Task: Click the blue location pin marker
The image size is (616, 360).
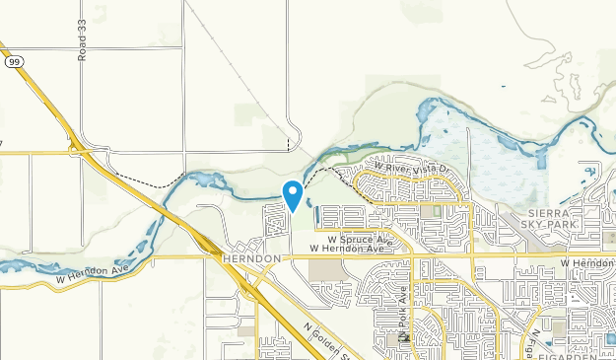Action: click(292, 193)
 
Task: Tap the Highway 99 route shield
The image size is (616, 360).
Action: click(13, 61)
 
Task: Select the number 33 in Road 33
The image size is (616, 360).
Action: click(83, 28)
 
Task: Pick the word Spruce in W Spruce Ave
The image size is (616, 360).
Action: click(355, 240)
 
